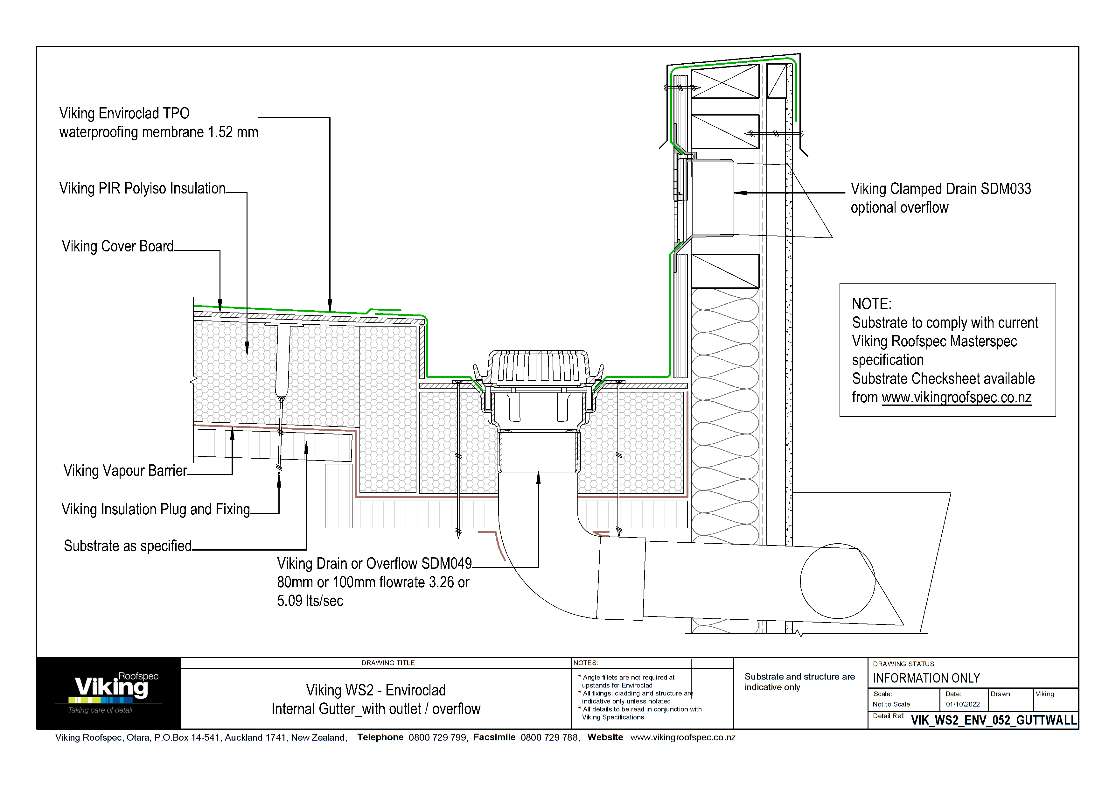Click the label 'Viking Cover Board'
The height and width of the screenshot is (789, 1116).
click(118, 246)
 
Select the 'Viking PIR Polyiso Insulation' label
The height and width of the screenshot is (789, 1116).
click(143, 189)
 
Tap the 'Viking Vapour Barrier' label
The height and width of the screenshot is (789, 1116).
click(125, 471)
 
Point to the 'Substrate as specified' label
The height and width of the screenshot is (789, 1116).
click(128, 546)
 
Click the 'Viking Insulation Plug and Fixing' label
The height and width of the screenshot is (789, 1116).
click(156, 510)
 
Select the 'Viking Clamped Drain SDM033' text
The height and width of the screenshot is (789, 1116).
click(940, 189)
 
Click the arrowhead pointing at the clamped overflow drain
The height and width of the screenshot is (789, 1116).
click(740, 193)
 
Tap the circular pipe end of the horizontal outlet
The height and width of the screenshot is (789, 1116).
click(838, 581)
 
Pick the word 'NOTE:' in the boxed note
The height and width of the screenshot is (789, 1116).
click(871, 304)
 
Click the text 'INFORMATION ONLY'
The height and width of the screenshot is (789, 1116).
click(926, 678)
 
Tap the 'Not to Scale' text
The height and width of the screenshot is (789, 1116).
click(891, 704)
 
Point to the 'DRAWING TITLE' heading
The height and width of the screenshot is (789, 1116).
click(388, 663)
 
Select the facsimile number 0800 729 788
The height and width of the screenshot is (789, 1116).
click(550, 737)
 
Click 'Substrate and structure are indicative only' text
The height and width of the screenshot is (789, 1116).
click(799, 681)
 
